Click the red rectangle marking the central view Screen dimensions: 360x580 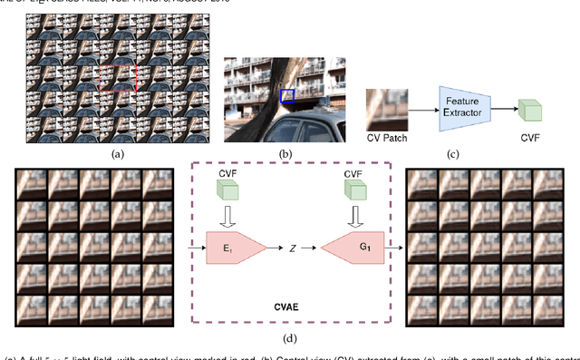point(119,79)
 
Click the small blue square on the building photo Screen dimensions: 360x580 point(287,95)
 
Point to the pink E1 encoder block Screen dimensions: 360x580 point(236,246)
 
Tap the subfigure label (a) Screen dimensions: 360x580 point(116,155)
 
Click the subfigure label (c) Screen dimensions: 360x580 point(454,155)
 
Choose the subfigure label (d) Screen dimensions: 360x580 point(290,339)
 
